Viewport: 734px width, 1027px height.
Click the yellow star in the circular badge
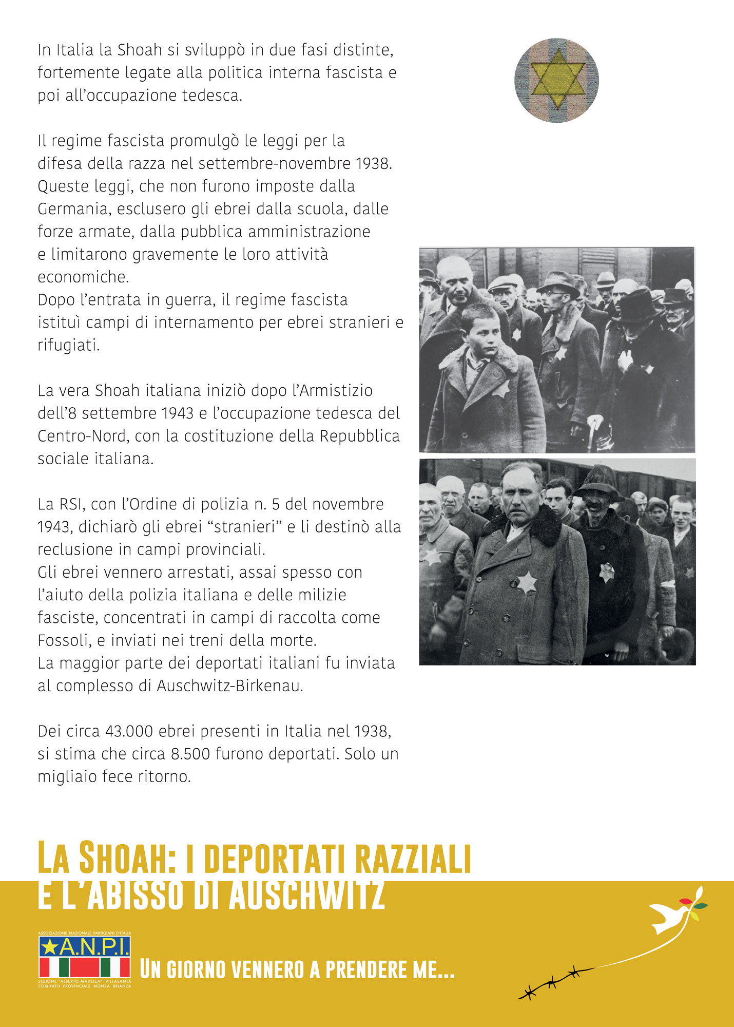click(557, 79)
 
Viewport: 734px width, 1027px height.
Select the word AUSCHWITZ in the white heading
click(306, 896)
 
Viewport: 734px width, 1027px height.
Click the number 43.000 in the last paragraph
click(124, 731)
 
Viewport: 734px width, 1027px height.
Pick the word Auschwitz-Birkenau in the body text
click(229, 686)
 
